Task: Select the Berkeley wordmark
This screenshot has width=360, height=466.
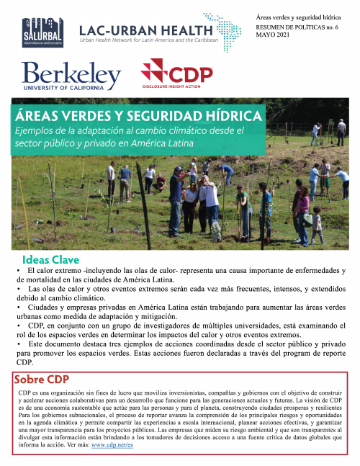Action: pyautogui.click(x=71, y=74)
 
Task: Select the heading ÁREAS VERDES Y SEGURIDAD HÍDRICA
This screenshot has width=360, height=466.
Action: pyautogui.click(x=139, y=117)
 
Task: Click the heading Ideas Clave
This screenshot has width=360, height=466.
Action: pyautogui.click(x=50, y=259)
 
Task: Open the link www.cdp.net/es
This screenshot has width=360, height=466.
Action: pyautogui.click(x=112, y=444)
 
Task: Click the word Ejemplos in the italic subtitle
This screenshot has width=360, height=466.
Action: pyautogui.click(x=37, y=130)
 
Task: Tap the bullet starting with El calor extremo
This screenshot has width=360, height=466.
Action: pyautogui.click(x=180, y=274)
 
